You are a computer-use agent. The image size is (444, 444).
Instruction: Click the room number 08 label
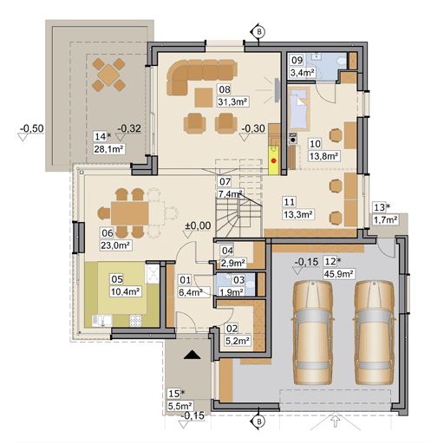[224, 88]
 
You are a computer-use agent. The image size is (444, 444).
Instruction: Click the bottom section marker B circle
[258, 422]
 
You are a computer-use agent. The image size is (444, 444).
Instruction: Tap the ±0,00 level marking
[199, 226]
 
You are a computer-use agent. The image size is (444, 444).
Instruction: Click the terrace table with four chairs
[109, 75]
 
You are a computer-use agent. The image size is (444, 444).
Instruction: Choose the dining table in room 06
[127, 212]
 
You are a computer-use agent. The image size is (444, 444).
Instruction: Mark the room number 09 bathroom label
[297, 60]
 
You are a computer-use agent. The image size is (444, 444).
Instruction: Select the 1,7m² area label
[386, 219]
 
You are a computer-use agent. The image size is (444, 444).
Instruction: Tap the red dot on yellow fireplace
[274, 160]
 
